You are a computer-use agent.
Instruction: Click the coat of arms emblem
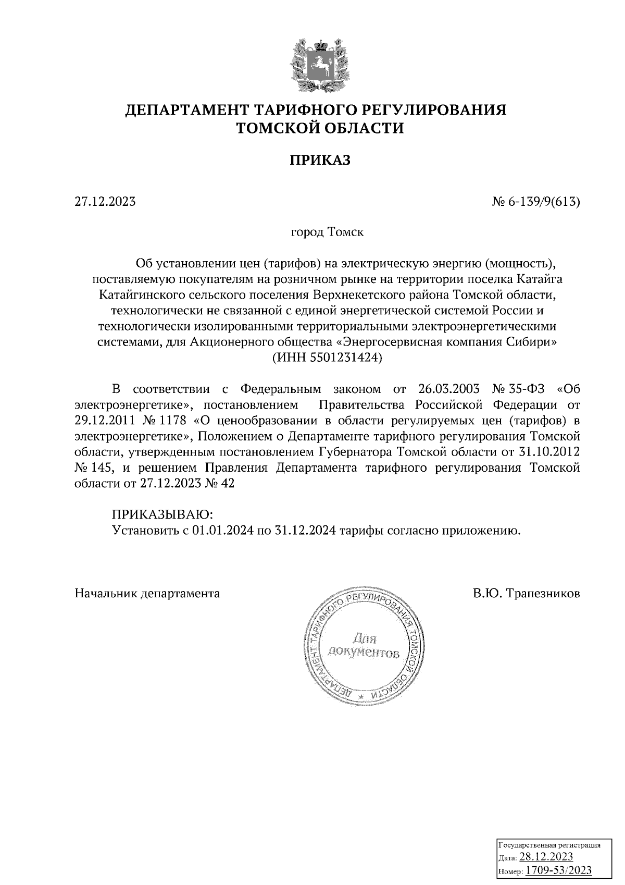pyautogui.click(x=316, y=63)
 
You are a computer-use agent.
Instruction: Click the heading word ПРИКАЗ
pyautogui.click(x=320, y=160)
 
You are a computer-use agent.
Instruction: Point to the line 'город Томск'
pyautogui.click(x=327, y=232)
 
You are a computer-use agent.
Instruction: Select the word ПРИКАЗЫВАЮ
pyautogui.click(x=162, y=514)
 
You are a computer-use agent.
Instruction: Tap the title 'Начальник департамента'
pyautogui.click(x=147, y=593)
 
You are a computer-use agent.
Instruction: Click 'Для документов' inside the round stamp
pyautogui.click(x=364, y=646)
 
